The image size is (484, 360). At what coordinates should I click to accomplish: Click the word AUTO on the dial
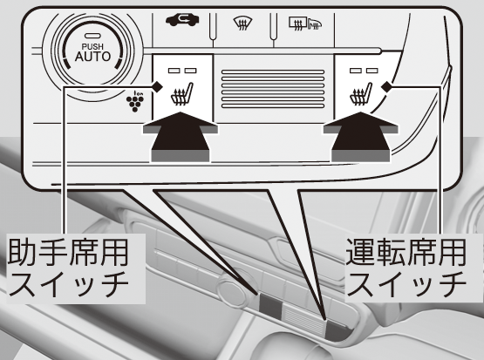point(92,57)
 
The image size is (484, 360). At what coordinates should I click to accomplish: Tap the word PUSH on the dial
point(92,46)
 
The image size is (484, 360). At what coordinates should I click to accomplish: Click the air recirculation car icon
point(182,20)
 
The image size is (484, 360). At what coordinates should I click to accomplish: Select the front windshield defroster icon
point(242,24)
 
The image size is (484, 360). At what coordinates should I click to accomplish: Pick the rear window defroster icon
point(305,24)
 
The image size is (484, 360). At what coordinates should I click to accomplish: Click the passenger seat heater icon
point(182,94)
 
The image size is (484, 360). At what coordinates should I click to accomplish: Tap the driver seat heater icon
point(361,94)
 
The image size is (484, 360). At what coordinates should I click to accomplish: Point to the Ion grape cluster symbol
point(135,101)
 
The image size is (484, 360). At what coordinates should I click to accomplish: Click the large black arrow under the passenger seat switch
point(181,137)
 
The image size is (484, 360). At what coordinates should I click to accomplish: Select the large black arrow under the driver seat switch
point(360,137)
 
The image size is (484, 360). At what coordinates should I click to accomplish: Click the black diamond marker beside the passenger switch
point(157,86)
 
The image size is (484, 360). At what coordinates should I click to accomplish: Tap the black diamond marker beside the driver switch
point(386,86)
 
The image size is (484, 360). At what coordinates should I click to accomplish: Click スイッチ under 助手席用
point(69,284)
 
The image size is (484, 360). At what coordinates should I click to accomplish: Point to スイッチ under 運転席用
point(406,284)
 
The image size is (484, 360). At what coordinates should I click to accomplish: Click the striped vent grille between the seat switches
point(273,89)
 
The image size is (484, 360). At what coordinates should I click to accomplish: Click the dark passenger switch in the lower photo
point(270,307)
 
